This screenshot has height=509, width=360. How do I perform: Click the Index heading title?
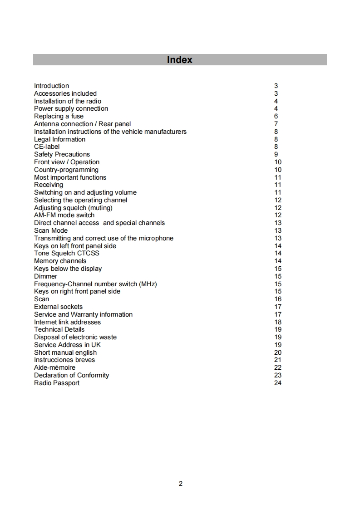pos(179,60)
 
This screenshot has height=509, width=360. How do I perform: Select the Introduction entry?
pos(51,86)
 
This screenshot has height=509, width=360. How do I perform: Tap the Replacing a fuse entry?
pos(59,116)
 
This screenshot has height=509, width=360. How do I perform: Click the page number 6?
pos(276,116)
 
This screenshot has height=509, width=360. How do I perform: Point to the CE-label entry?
pos(47,147)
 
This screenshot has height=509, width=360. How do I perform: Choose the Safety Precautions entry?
pos(62,154)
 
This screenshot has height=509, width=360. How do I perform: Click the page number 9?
pos(276,154)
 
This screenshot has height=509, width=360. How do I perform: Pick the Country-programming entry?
pos(66,170)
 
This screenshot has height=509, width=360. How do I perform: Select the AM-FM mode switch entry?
pos(64,215)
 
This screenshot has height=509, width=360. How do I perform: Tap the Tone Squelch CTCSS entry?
pos(66,253)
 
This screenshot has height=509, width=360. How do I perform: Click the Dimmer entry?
pos(45,276)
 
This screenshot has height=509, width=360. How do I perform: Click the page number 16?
pos(278,299)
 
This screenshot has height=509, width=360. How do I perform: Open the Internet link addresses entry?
pos(67,322)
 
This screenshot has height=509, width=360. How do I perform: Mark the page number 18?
pos(278,322)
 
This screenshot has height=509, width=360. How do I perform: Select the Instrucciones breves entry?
pos(64,360)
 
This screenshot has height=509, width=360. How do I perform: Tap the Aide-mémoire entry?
pos(54,367)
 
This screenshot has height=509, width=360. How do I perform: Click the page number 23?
pos(278,375)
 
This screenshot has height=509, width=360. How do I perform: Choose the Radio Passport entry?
pos(56,383)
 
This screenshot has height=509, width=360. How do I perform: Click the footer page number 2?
pos(180,484)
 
